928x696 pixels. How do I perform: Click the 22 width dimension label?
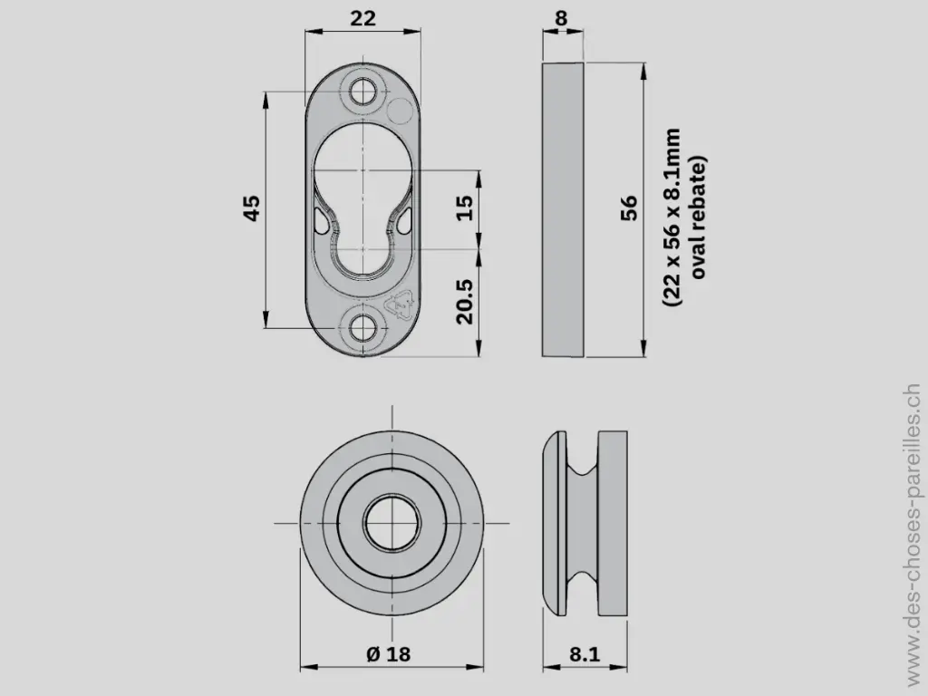362,17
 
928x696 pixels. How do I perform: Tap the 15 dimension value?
463,208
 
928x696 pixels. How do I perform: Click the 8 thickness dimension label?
562,17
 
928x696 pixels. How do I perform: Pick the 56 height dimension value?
629,208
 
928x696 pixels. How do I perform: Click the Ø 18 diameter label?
389,654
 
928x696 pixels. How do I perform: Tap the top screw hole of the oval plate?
365,91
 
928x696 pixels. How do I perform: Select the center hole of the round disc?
391,523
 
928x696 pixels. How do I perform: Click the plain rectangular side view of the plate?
563,208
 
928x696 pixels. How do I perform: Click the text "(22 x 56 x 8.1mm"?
672,217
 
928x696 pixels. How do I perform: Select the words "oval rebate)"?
698,217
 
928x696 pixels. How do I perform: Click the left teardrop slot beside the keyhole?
322,219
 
